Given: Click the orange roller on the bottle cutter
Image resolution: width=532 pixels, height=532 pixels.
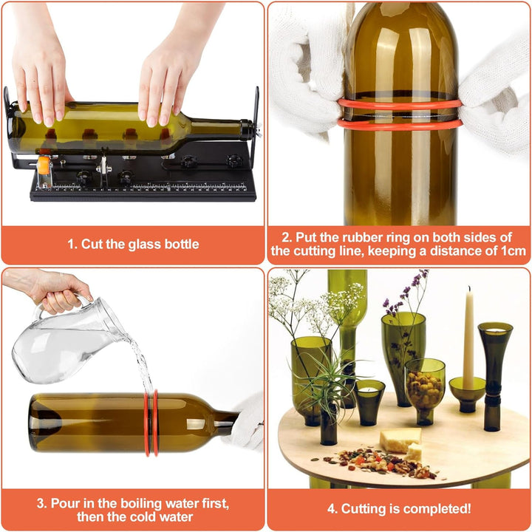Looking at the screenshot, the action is point(44,166).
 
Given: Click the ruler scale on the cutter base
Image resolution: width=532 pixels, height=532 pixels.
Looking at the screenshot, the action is point(149,187).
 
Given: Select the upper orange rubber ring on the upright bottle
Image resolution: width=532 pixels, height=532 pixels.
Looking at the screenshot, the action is point(400,105).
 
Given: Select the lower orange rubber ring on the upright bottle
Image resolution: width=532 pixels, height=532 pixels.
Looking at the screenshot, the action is point(400,125).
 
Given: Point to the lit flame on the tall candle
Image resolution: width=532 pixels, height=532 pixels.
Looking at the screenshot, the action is point(470,289).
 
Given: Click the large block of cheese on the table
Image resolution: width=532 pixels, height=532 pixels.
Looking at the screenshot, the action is point(400,440).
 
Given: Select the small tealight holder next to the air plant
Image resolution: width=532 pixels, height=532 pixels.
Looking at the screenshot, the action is point(369,402).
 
